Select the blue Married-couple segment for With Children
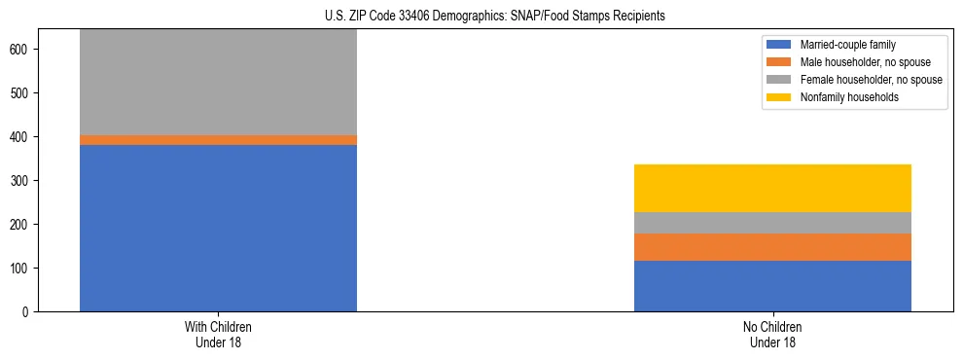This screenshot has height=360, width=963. [x=218, y=228]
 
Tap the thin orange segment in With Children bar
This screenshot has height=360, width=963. [x=218, y=140]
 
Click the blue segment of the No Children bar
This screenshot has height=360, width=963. [x=772, y=286]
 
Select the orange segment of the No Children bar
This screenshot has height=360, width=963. [x=772, y=247]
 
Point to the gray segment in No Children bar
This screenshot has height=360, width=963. [x=772, y=223]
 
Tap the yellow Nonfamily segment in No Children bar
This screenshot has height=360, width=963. [x=772, y=188]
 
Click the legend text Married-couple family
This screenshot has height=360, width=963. [x=848, y=45]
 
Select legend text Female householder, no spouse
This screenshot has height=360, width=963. [x=871, y=80]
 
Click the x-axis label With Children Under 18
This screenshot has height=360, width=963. [x=218, y=335]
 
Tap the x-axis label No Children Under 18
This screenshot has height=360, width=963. [x=772, y=335]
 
